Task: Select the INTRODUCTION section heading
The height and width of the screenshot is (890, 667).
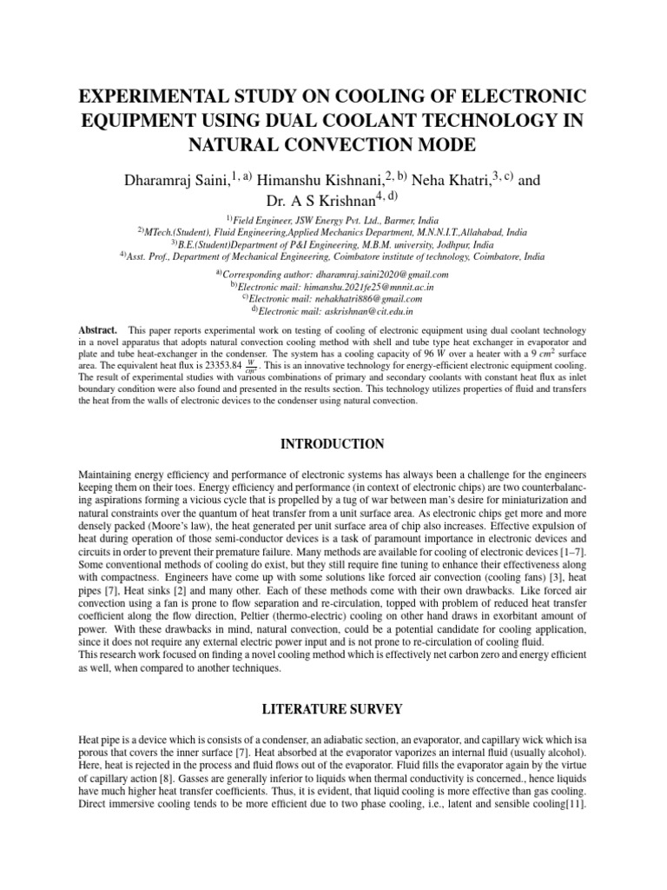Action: [x=333, y=444]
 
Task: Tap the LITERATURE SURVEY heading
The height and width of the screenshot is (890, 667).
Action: [x=333, y=709]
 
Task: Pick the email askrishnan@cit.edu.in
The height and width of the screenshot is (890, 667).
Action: [x=357, y=310]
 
